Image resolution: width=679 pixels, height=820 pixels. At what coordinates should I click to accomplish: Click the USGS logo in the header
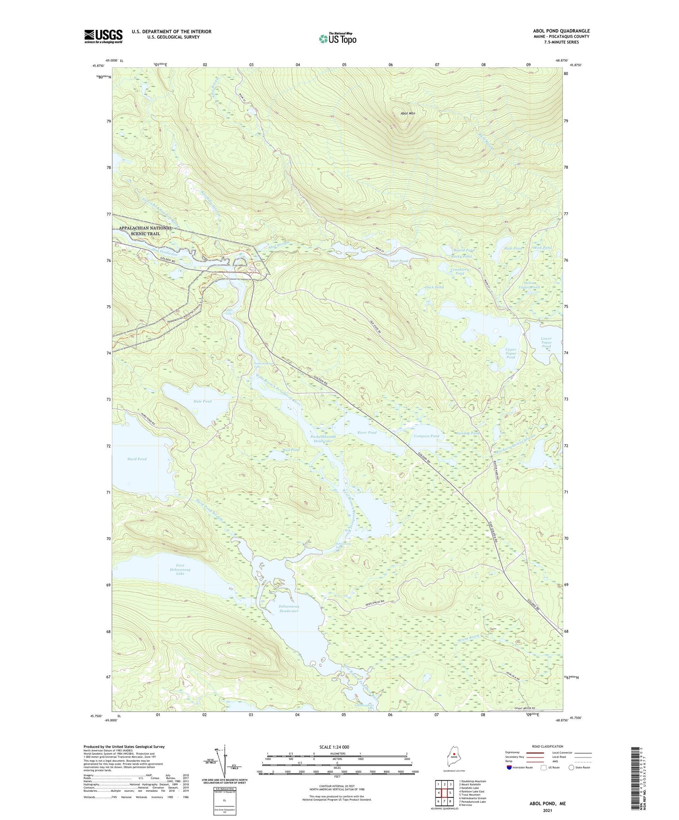tap(103, 36)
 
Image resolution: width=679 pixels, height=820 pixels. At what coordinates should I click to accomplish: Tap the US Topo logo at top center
tap(337, 39)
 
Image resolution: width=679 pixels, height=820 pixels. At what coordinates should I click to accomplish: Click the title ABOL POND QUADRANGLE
tap(558, 31)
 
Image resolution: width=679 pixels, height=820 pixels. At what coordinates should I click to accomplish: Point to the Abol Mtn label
tap(407, 114)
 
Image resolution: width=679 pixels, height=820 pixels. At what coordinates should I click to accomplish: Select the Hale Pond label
tap(203, 402)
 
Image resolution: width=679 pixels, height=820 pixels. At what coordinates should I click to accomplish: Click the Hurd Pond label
tap(137, 459)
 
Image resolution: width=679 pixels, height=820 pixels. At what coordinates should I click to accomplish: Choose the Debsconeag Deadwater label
tap(289, 608)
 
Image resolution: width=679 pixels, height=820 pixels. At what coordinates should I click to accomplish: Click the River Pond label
tap(367, 433)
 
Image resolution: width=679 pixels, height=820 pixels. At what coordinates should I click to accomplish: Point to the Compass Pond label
tap(426, 436)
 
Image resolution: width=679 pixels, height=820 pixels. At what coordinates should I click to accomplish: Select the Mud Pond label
tap(290, 450)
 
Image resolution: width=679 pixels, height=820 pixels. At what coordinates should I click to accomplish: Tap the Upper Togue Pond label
tap(510, 353)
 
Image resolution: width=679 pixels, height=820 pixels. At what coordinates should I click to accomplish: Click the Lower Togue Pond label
tap(546, 342)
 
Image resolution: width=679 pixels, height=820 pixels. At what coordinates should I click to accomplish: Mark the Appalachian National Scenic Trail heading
tap(146, 231)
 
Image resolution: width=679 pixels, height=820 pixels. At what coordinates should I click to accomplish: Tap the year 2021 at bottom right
tap(547, 810)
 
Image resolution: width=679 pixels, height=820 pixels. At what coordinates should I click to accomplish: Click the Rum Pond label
tap(513, 248)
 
